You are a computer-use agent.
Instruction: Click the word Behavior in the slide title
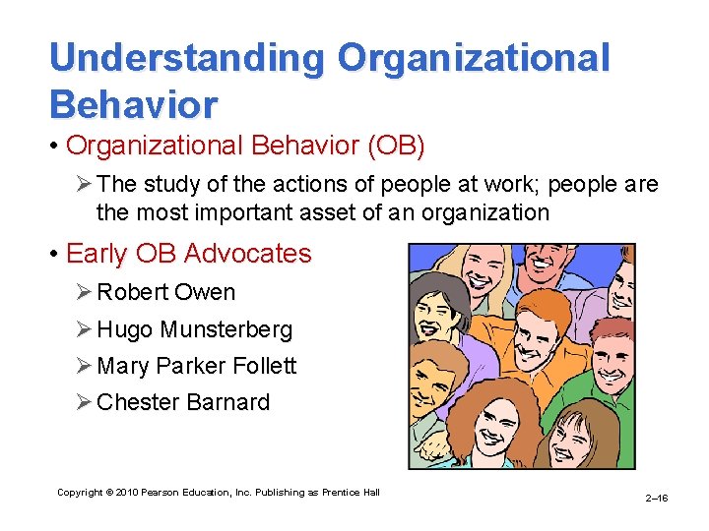click(x=134, y=103)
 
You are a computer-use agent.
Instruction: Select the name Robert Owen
click(x=166, y=292)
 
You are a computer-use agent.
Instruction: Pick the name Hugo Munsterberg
click(x=194, y=329)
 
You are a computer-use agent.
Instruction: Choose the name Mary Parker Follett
click(x=196, y=366)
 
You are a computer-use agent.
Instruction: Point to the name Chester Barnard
click(x=183, y=402)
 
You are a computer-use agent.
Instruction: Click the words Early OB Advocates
click(x=188, y=254)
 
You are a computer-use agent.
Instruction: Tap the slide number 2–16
click(x=656, y=499)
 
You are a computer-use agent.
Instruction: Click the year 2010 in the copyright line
click(x=127, y=492)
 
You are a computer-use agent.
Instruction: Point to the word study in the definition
click(x=173, y=185)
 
